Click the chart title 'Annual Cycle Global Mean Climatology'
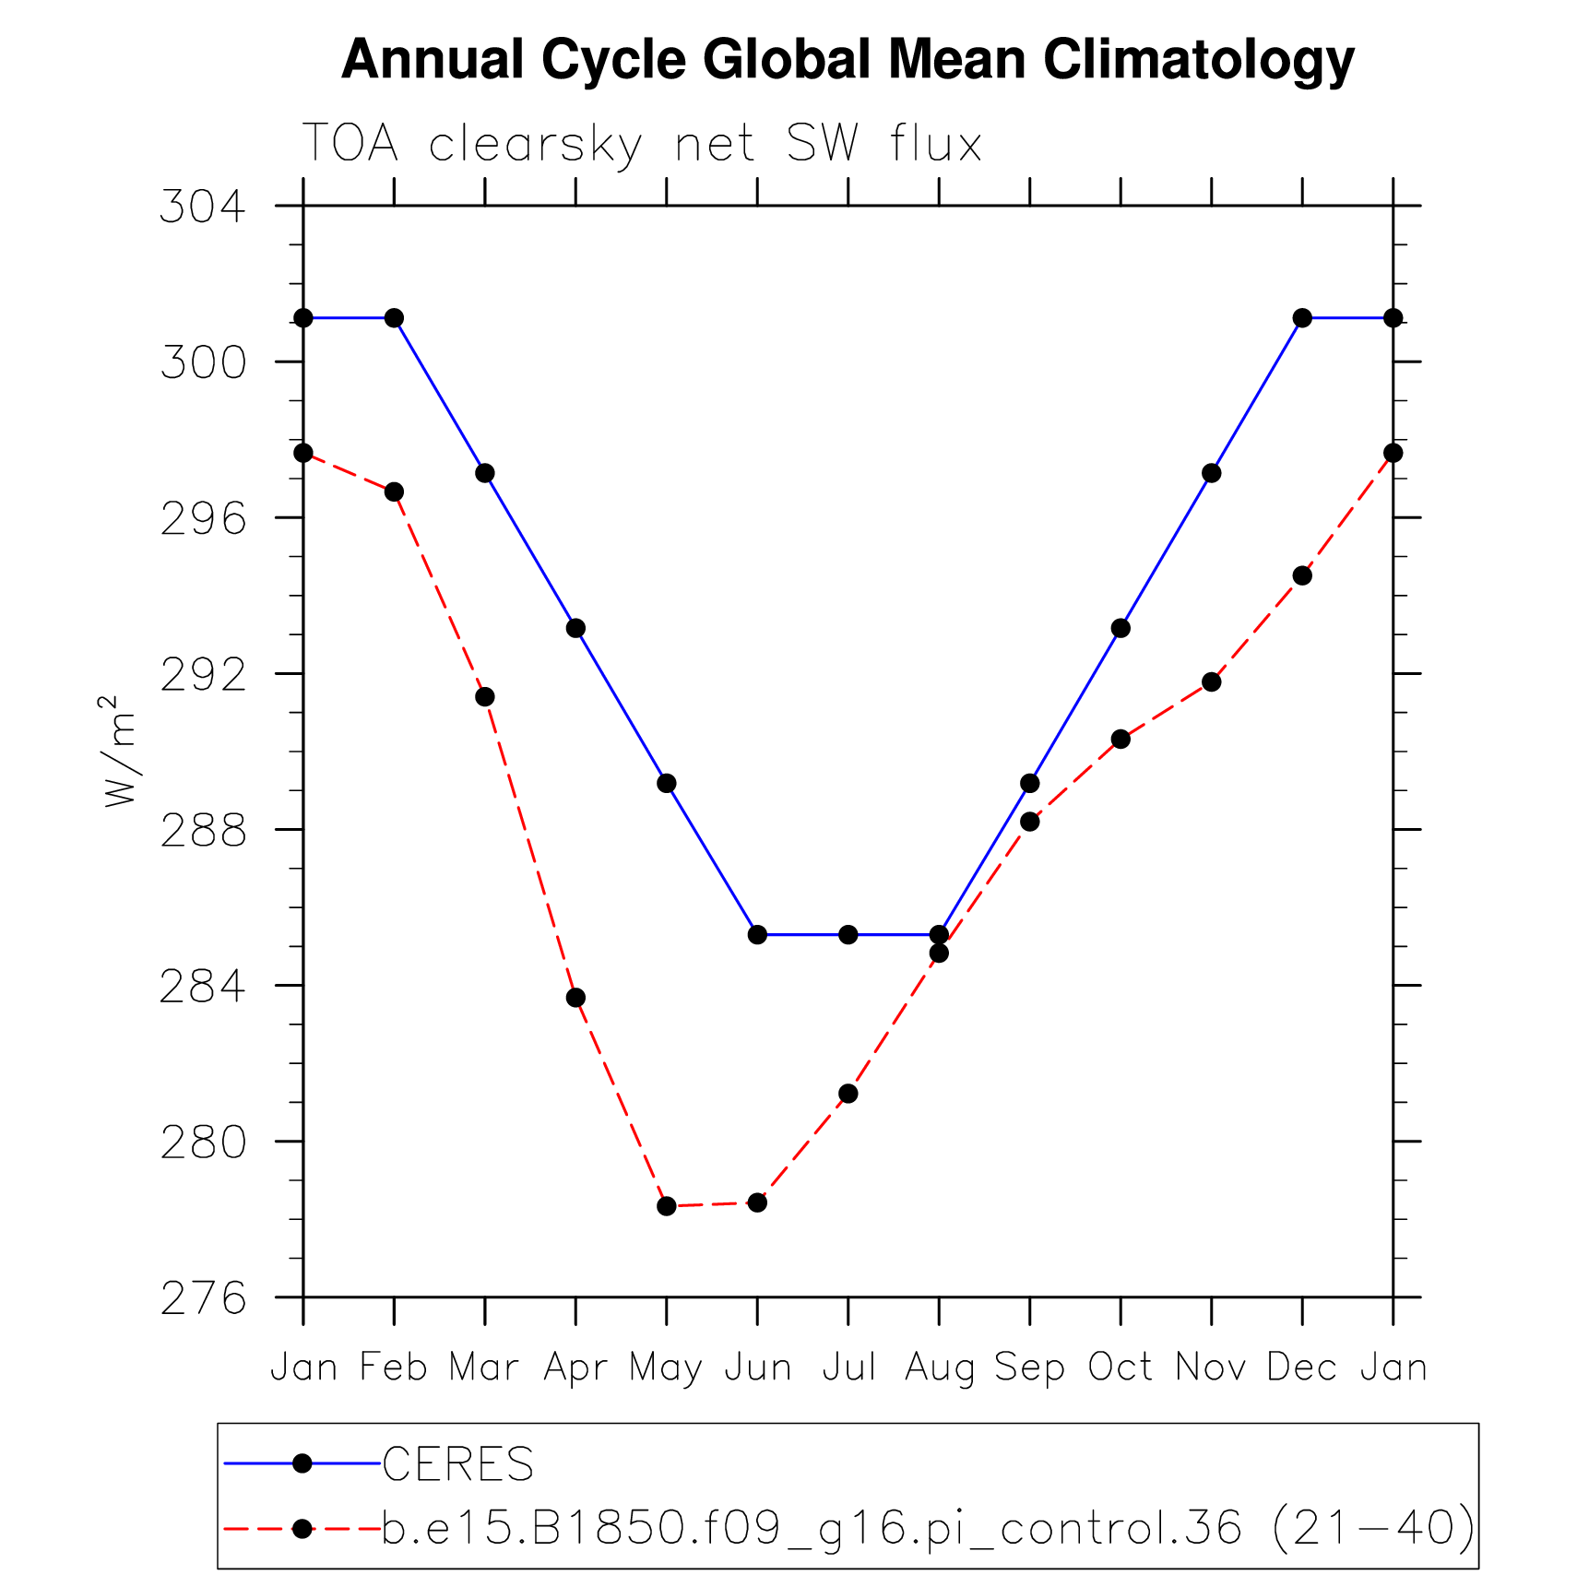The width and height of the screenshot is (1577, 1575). tap(848, 61)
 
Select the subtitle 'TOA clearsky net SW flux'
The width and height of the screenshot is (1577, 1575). tap(642, 144)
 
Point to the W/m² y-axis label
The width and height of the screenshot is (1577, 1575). tap(119, 752)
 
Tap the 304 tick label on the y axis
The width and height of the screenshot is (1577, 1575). tap(204, 206)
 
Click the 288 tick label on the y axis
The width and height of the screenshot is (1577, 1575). tap(204, 830)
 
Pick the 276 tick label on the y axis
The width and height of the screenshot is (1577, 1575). tap(204, 1298)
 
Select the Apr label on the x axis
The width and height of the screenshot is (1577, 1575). tap(575, 1367)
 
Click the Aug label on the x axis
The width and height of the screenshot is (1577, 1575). tap(939, 1367)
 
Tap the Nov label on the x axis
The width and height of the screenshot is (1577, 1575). tap(1211, 1367)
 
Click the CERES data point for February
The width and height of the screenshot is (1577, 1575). tap(394, 318)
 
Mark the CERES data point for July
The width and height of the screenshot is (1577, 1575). tap(848, 935)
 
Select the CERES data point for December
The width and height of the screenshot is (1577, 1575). tap(1302, 318)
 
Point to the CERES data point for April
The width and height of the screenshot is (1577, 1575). tap(575, 628)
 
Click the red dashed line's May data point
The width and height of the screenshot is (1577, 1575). tap(667, 1206)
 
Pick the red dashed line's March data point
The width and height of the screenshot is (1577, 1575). tap(484, 696)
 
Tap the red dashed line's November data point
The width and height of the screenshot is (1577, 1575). tap(1212, 681)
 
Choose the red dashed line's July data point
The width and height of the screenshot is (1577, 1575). tap(848, 1094)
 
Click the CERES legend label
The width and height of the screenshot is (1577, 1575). tap(458, 1464)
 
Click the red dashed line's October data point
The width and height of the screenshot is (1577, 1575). tap(1120, 739)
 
